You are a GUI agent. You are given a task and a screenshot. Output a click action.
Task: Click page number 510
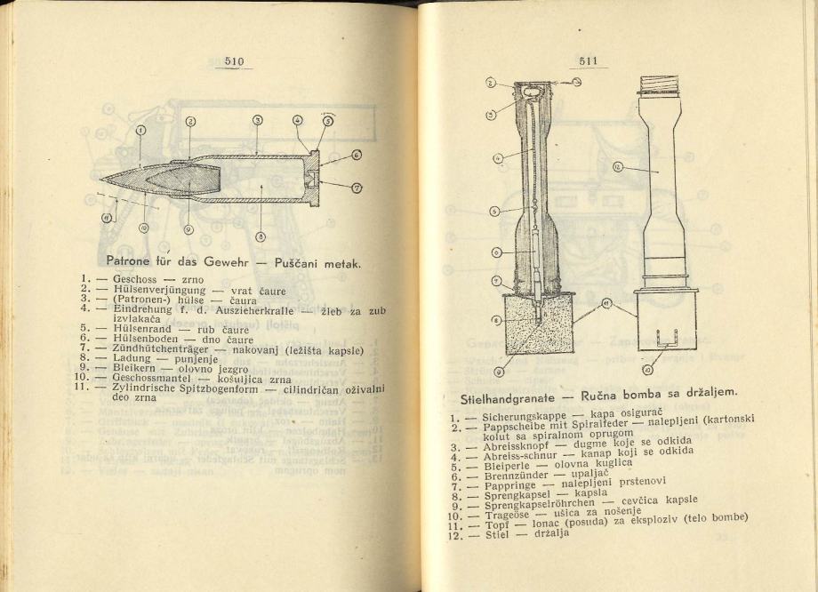pos(234,61)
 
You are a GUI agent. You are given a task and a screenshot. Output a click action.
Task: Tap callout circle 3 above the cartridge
pos(257,121)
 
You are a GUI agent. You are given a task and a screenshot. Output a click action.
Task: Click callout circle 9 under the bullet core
pos(188,228)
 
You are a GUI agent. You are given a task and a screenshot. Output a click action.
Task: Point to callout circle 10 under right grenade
pos(646,369)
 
